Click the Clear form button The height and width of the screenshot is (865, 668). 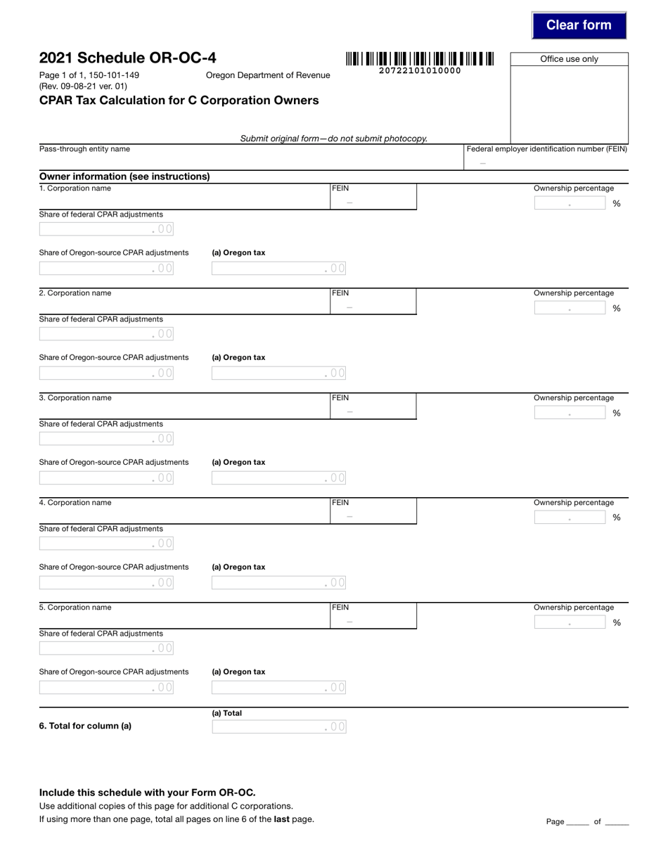(579, 25)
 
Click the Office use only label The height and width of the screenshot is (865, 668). (569, 59)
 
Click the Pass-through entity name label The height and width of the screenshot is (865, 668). (84, 149)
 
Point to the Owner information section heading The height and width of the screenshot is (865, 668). (124, 177)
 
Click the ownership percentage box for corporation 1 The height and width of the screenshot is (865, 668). (570, 204)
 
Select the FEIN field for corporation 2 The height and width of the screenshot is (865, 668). (373, 307)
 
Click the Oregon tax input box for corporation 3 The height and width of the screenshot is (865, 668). (278, 478)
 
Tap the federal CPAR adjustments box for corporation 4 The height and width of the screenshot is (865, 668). (106, 544)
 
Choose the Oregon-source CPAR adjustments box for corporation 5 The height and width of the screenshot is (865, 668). (106, 688)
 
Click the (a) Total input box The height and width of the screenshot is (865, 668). (278, 727)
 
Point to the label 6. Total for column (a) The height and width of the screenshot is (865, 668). (85, 726)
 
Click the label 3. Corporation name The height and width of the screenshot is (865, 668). (75, 398)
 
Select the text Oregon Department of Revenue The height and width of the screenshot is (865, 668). (267, 75)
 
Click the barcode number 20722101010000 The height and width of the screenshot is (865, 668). (420, 70)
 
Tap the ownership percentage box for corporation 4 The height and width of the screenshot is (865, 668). (570, 518)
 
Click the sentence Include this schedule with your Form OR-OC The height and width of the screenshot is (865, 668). (147, 793)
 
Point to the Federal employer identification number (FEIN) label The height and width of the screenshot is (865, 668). (546, 149)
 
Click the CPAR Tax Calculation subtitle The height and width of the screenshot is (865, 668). (179, 101)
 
